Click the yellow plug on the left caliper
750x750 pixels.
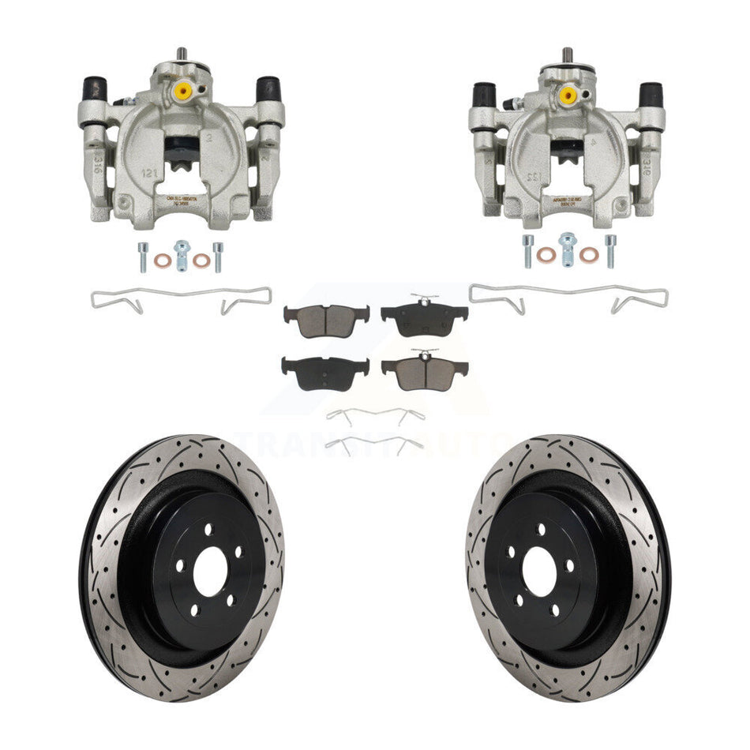(x=183, y=92)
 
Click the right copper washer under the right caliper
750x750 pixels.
(x=588, y=254)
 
